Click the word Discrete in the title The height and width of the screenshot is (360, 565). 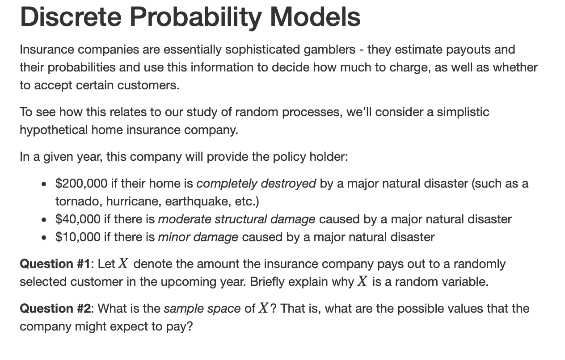(x=71, y=17)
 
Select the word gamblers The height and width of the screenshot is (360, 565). (x=329, y=50)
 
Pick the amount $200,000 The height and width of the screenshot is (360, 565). (x=81, y=184)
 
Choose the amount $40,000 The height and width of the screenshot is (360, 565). (x=78, y=219)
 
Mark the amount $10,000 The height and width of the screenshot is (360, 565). (x=78, y=237)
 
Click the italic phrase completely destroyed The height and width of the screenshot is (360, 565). (x=256, y=184)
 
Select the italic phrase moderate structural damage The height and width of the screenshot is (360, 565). (x=236, y=219)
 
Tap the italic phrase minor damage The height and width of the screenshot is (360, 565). (x=198, y=237)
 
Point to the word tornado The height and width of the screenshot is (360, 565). (x=78, y=201)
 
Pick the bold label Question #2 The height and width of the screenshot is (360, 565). (x=56, y=309)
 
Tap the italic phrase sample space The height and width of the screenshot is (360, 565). (x=202, y=309)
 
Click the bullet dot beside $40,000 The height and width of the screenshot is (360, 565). (x=43, y=220)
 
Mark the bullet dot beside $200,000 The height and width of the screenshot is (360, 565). (x=43, y=184)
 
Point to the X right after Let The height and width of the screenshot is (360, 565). (x=123, y=264)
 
